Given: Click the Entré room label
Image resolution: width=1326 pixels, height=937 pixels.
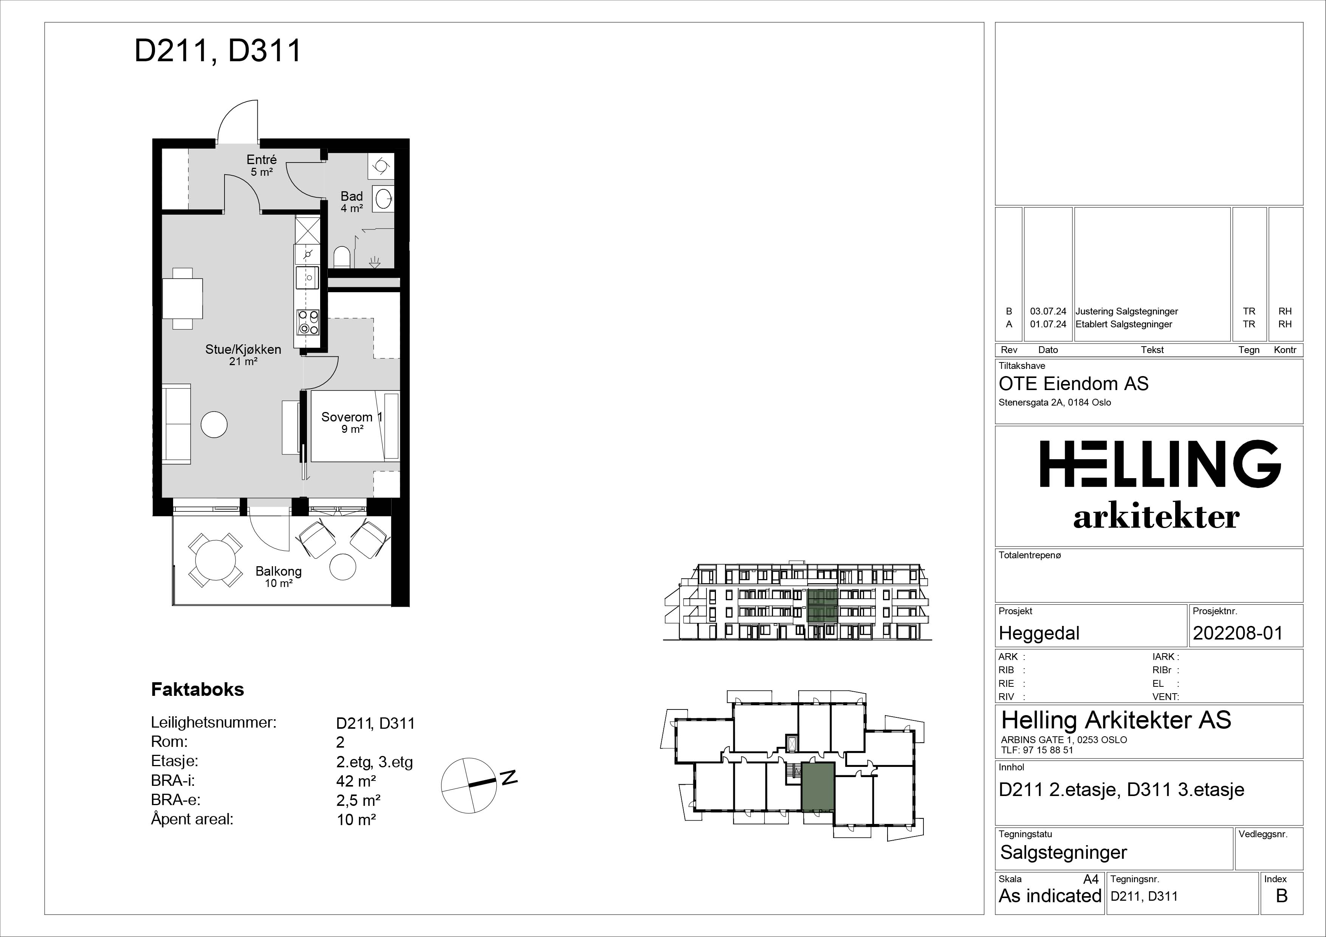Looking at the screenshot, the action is tap(262, 160).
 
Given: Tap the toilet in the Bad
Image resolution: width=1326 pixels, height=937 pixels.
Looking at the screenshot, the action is tap(342, 257).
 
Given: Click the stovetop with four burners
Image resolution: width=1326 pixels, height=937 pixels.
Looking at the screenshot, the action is tap(308, 322).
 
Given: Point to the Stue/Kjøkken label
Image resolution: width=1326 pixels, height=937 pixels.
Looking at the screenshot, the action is tap(243, 349).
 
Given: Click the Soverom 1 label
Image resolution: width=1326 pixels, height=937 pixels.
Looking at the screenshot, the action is tap(352, 417).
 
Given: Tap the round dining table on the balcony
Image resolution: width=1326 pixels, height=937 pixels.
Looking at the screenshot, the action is tap(215, 559).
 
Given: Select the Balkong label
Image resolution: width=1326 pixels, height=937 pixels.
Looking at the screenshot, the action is tap(278, 571).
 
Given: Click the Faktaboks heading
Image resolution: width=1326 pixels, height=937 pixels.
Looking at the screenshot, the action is tap(198, 689).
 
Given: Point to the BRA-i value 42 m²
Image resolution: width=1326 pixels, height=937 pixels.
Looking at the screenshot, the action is tap(356, 781).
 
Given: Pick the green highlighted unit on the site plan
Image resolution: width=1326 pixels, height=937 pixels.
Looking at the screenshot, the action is tap(818, 787).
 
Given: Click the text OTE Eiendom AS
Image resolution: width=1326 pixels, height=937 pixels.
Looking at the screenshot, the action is tap(1074, 384).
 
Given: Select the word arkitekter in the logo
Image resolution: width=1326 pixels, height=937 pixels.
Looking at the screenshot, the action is tap(1156, 517).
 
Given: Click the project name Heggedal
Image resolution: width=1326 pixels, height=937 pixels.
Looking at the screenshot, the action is tap(1039, 633).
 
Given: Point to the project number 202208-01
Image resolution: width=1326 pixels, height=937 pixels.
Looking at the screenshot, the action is tap(1238, 633).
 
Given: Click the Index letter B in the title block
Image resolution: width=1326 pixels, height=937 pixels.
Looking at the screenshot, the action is tap(1281, 896).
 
